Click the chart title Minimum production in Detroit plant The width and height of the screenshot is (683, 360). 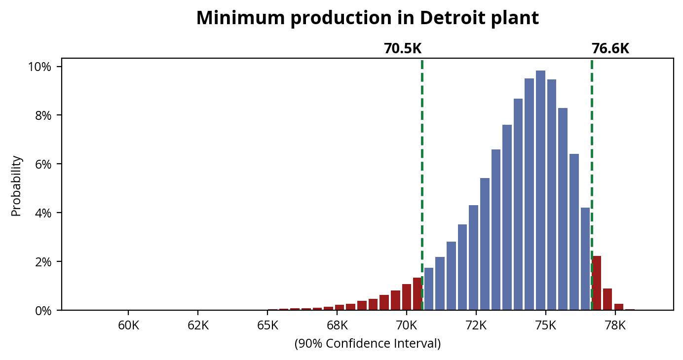click(367, 18)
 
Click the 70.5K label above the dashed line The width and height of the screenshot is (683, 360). click(403, 49)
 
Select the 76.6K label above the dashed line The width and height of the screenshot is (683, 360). click(610, 49)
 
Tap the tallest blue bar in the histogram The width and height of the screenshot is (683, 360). click(540, 190)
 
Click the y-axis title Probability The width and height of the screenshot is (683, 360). click(16, 186)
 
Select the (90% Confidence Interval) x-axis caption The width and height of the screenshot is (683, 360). click(367, 344)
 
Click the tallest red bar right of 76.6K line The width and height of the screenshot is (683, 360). click(597, 283)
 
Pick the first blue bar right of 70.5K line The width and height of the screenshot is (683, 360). click(429, 289)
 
